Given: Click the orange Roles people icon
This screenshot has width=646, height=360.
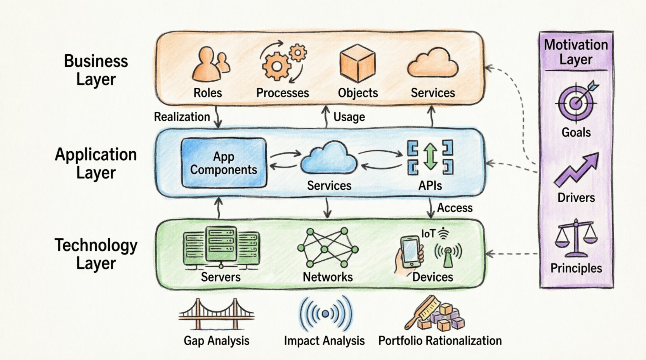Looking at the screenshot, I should click(x=210, y=64).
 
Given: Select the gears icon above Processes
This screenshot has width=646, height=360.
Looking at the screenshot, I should click(x=282, y=63).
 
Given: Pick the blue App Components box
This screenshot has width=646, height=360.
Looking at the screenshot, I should click(x=224, y=163).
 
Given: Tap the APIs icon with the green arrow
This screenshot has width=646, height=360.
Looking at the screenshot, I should click(x=430, y=157).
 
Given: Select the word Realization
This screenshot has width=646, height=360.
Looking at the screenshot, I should click(x=182, y=117).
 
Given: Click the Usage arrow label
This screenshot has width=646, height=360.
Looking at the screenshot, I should click(x=349, y=117).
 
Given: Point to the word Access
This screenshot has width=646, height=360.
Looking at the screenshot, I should click(x=455, y=208).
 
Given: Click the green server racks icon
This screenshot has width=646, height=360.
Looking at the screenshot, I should click(x=221, y=248).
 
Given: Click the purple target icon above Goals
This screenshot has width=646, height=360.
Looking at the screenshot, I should click(x=576, y=102).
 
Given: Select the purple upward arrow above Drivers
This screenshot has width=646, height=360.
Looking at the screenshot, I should click(x=577, y=170).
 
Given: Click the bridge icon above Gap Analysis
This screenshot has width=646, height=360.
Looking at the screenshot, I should click(x=216, y=315).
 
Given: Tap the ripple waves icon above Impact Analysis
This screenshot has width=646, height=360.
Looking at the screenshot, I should click(x=325, y=313).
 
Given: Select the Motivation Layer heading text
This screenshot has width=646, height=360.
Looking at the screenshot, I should click(x=576, y=52).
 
